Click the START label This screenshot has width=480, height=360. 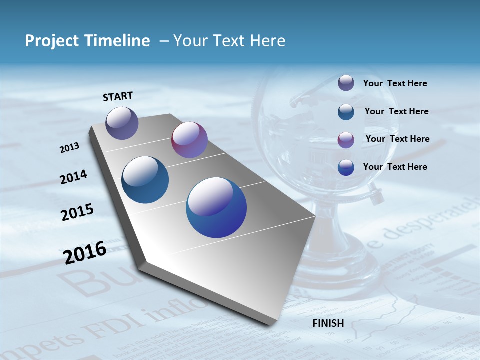point(118,96)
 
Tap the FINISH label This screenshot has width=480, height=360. point(328,323)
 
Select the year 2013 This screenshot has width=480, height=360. point(69,148)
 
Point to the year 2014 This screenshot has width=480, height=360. point(74,177)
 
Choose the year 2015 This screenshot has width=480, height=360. point(77,212)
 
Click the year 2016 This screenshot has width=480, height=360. point(85,253)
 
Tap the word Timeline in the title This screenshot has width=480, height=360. point(118,41)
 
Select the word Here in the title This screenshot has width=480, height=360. point(267,41)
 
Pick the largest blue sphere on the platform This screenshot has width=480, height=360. point(216,207)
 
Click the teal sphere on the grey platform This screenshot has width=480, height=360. point(145,180)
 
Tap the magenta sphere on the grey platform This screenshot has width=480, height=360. point(189,140)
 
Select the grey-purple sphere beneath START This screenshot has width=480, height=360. point(122,123)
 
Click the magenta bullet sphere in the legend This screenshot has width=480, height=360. point(346,140)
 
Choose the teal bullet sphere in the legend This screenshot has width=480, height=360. point(346,112)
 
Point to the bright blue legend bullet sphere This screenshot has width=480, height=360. point(346,167)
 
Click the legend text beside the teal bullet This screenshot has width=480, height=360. point(396,111)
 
